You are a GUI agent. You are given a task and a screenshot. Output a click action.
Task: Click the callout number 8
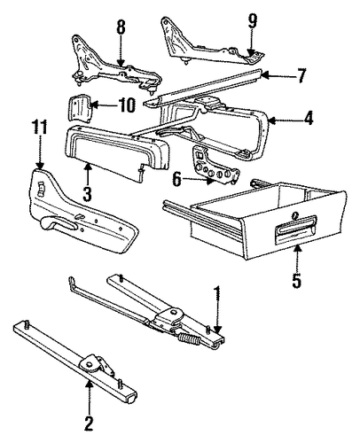click(x=121, y=27)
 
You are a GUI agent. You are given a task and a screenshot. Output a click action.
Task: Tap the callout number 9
click(x=252, y=20)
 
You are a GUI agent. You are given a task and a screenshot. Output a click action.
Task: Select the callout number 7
click(x=301, y=75)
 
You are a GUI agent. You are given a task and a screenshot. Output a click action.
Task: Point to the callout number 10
click(x=128, y=105)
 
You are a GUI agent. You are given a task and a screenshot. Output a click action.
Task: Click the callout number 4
click(x=308, y=119)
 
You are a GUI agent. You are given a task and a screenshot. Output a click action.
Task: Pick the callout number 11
click(x=40, y=128)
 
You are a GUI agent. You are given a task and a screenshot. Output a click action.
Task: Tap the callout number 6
click(x=176, y=179)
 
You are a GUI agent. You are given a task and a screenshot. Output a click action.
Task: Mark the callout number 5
click(x=297, y=280)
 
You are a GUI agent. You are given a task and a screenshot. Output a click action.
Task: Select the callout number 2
click(x=89, y=424)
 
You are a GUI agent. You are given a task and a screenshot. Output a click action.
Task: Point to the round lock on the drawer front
click(x=295, y=215)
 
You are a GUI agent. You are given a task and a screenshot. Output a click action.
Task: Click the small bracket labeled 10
click(x=79, y=109)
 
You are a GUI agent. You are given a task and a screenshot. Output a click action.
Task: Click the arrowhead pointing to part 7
click(x=265, y=75)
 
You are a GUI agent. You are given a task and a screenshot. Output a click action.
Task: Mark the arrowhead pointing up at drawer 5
click(x=297, y=249)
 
